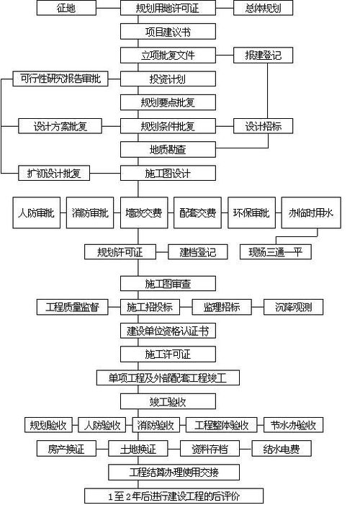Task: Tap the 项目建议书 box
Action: coord(167,32)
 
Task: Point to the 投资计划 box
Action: coord(167,79)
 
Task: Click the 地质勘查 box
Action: coord(167,149)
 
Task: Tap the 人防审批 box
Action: coord(35,213)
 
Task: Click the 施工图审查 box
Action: coord(167,284)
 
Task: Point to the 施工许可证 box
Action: coord(167,354)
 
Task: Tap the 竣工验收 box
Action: coord(167,401)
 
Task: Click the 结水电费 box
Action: coord(286,449)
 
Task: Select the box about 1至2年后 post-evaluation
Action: coord(174,496)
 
